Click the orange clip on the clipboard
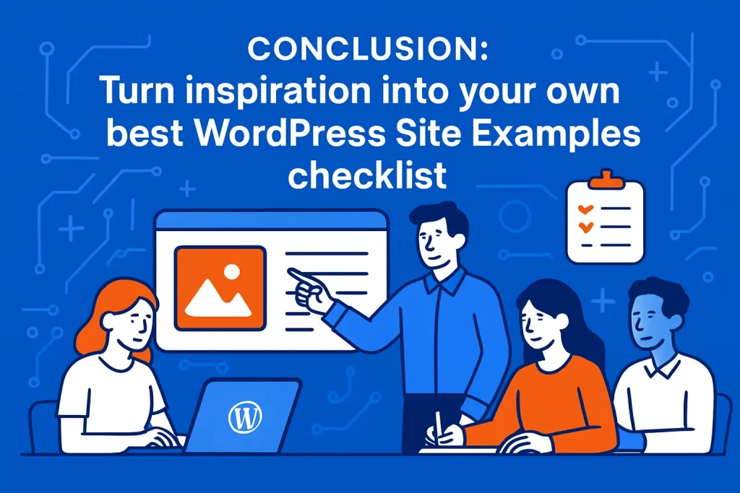[x=604, y=178]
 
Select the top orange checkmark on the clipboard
[x=586, y=208]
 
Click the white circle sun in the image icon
[x=231, y=272]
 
